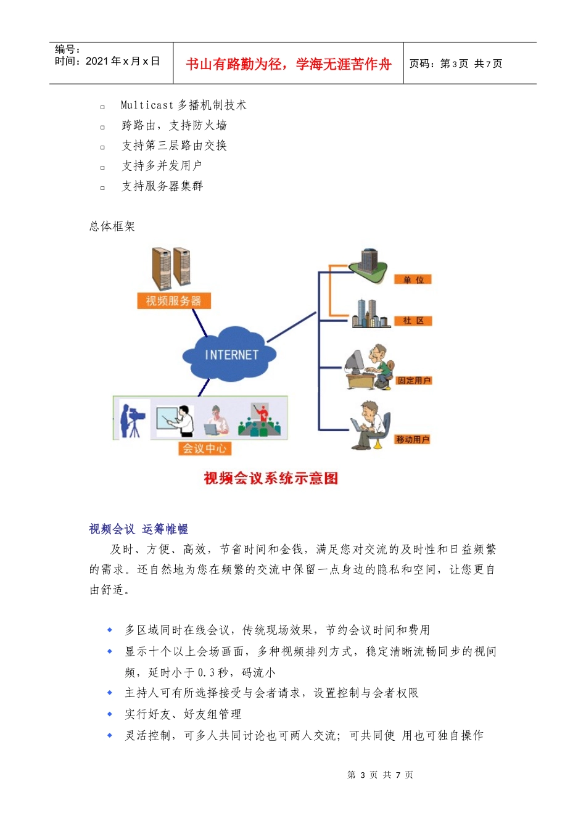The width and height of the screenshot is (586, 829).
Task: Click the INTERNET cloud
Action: pyautogui.click(x=230, y=355)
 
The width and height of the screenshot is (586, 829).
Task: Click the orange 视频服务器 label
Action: pyautogui.click(x=173, y=301)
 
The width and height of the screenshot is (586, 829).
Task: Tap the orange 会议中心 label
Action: pyautogui.click(x=204, y=448)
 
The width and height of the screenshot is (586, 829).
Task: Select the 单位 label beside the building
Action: pyautogui.click(x=413, y=279)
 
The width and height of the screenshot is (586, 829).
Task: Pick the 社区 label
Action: pyautogui.click(x=413, y=321)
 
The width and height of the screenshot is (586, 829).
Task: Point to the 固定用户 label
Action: pyautogui.click(x=414, y=381)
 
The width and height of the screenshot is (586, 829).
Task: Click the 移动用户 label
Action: pyautogui.click(x=413, y=439)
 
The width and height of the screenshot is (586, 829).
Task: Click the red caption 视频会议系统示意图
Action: pyautogui.click(x=271, y=478)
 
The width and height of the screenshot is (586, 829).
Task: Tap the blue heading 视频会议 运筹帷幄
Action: pyautogui.click(x=138, y=529)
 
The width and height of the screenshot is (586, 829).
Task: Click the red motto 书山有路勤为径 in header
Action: pyautogui.click(x=288, y=64)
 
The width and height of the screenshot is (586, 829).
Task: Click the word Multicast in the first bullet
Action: pyautogui.click(x=147, y=105)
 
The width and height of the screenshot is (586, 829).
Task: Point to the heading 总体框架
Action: pyautogui.click(x=112, y=226)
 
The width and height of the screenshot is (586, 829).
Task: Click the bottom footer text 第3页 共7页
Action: pyautogui.click(x=380, y=775)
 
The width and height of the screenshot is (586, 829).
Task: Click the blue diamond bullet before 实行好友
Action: pyautogui.click(x=110, y=714)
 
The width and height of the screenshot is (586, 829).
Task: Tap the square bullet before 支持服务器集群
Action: pyautogui.click(x=102, y=188)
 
